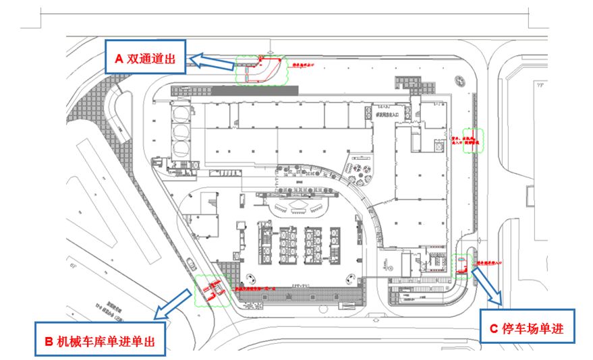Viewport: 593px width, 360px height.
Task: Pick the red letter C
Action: (492, 329)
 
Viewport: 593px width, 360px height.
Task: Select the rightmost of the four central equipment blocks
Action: (335, 243)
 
